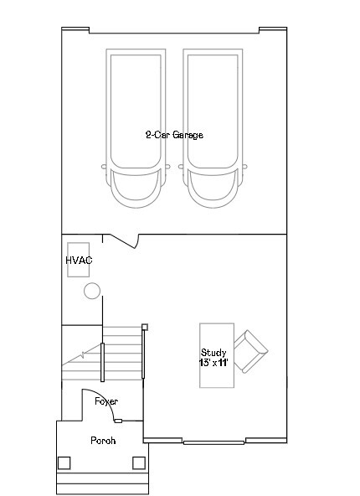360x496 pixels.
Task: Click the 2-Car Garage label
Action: click(x=174, y=135)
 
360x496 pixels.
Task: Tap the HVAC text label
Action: click(x=79, y=260)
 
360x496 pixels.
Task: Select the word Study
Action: click(x=213, y=353)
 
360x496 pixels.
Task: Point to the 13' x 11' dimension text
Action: click(x=213, y=363)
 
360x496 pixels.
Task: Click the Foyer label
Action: click(x=106, y=401)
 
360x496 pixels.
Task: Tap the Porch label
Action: click(x=103, y=441)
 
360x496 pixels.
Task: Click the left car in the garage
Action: click(x=136, y=128)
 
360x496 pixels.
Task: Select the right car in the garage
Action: click(x=213, y=128)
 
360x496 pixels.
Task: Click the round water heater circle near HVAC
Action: click(x=92, y=291)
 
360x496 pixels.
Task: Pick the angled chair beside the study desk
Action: click(x=250, y=351)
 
